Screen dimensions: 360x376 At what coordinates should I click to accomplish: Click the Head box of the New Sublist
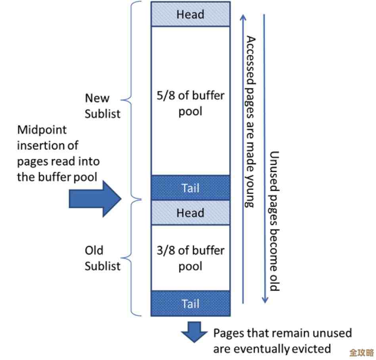click(190, 14)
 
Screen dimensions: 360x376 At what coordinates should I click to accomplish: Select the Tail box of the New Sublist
click(190, 188)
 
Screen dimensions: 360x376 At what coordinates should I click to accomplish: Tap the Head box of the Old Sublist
click(190, 213)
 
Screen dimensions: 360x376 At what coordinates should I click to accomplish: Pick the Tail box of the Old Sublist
click(190, 304)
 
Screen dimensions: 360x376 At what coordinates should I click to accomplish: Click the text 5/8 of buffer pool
click(190, 103)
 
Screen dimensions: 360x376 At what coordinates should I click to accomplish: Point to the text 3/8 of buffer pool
click(190, 258)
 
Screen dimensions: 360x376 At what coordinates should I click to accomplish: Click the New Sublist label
click(102, 106)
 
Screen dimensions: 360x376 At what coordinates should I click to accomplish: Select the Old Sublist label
click(102, 258)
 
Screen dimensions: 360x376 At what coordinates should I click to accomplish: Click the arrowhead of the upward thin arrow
click(243, 18)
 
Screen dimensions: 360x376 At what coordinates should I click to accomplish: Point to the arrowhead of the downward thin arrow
click(265, 300)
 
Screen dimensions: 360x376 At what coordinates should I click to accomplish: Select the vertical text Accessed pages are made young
click(250, 121)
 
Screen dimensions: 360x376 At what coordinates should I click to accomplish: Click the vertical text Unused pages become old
click(274, 220)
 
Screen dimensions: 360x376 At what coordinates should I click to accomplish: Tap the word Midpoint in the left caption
click(42, 130)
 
